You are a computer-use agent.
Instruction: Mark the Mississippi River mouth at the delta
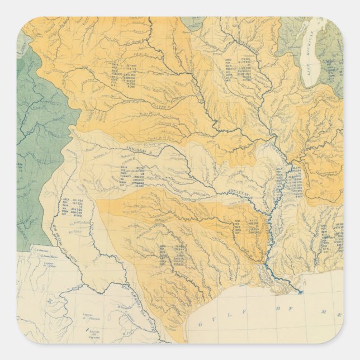coord(300,292)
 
